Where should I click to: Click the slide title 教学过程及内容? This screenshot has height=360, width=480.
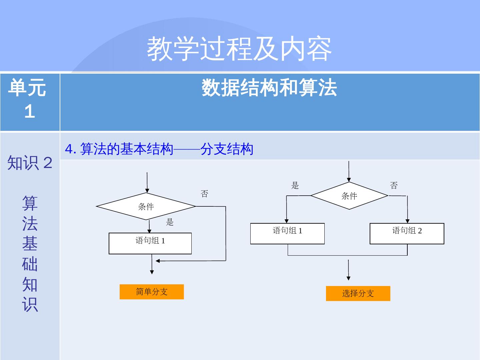(239, 49)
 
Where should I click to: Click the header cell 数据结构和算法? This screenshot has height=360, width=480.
(269, 88)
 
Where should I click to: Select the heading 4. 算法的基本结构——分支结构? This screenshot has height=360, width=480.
(159, 149)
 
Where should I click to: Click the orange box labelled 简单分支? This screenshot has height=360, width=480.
(152, 292)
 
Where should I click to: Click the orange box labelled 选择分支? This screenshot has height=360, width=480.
(358, 293)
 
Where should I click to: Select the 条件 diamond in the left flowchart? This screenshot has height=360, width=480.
(146, 206)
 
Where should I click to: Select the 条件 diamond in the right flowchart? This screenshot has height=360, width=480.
(349, 196)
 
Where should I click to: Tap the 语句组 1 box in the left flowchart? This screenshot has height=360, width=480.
(150, 243)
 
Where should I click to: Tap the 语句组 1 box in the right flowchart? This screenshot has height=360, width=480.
(287, 233)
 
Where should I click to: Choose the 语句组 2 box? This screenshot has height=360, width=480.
(407, 233)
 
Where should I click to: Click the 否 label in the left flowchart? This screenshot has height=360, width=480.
(204, 194)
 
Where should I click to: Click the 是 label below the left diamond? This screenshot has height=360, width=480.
(170, 222)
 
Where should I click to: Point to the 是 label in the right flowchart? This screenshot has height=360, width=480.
(295, 186)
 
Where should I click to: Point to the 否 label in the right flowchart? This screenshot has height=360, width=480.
(394, 186)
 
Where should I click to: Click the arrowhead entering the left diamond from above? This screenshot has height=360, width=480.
(147, 191)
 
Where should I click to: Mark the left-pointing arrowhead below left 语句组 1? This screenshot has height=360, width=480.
(158, 261)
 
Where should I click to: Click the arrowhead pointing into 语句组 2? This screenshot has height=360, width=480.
(407, 221)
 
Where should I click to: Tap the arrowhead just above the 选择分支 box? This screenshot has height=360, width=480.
(349, 278)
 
